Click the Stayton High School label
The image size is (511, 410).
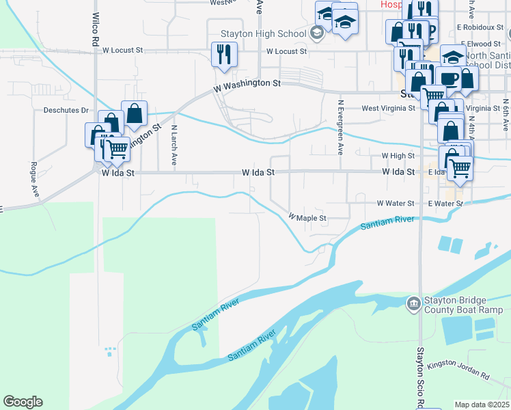point(263,33)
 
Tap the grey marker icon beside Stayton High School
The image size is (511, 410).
point(316,32)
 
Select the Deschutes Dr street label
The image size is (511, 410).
point(67,110)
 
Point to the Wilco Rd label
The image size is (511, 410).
point(95,29)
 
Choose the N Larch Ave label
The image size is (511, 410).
point(174,146)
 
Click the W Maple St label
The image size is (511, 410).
point(308,218)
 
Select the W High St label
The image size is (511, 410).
point(398,156)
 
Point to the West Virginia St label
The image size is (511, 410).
point(388,108)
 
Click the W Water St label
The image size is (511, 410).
point(396,204)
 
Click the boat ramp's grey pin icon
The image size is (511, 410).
point(413,303)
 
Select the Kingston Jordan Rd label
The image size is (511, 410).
point(458,370)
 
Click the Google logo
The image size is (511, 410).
point(23,402)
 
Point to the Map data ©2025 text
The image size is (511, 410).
point(482,405)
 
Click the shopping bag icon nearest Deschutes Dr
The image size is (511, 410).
point(135,113)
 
